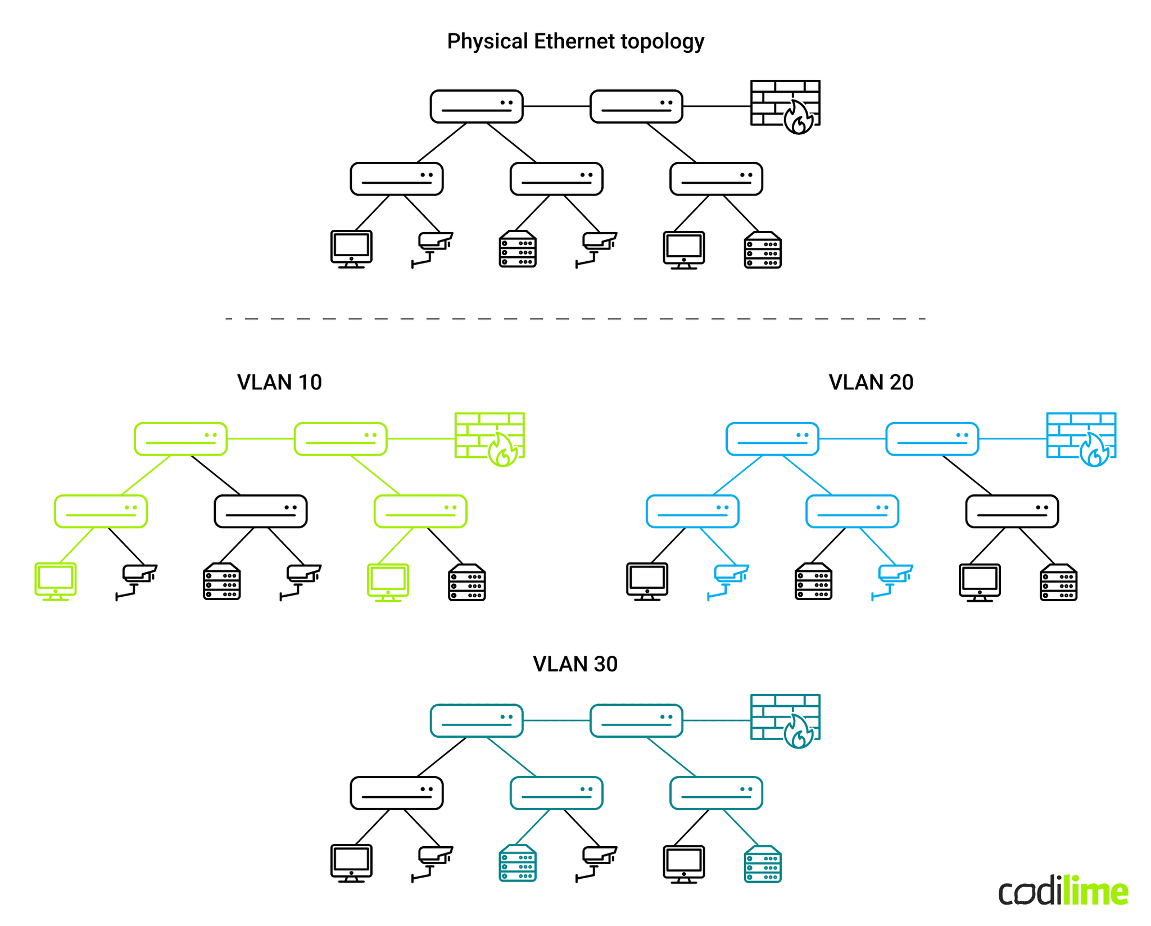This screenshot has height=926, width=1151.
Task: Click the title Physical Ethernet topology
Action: point(575,42)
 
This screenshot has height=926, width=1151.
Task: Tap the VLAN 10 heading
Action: point(279,383)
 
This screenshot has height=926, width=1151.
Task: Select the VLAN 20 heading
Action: point(871,383)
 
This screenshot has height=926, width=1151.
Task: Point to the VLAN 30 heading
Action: point(575,664)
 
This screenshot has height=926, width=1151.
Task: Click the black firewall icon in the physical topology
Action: point(785,105)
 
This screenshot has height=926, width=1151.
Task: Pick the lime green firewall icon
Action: point(490,438)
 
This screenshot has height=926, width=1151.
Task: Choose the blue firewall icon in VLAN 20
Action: point(1081,438)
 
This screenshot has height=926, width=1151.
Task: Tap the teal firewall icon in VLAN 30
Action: point(785,720)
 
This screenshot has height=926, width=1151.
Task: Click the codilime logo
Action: point(1063,891)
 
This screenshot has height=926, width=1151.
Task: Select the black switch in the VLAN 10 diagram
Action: point(261,511)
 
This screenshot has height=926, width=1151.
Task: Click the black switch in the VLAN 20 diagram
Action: point(1012,511)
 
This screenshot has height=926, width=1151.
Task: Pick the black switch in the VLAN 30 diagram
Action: point(397,793)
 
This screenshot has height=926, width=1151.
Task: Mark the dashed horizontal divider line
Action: point(575,319)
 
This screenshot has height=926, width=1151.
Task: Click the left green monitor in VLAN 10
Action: point(56,581)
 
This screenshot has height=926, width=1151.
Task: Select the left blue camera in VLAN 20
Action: point(728,581)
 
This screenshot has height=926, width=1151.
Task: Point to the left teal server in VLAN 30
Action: point(518,863)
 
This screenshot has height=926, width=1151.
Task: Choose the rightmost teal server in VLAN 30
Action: point(763,864)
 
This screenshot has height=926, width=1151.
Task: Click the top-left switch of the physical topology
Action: point(477,106)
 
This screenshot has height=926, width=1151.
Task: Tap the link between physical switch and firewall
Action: point(717,106)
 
